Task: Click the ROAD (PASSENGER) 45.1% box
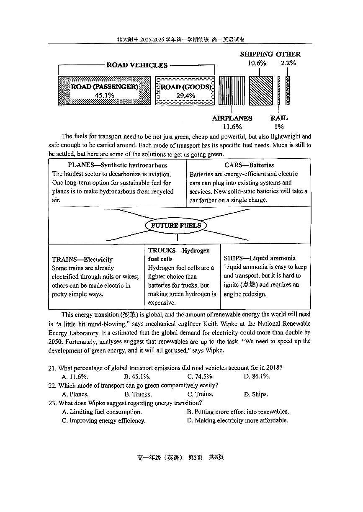click(104, 90)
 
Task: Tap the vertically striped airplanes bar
click(232, 90)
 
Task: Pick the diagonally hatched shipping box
click(260, 90)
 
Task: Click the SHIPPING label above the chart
click(256, 54)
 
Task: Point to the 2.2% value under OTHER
click(288, 63)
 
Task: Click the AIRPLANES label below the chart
click(232, 118)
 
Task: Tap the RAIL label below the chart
click(279, 118)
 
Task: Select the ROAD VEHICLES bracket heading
click(137, 65)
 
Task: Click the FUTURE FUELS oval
click(176, 226)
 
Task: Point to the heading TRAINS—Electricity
click(82, 260)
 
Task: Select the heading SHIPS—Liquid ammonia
click(259, 258)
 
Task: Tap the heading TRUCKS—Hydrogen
click(179, 251)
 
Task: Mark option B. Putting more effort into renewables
click(238, 412)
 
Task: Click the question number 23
click(52, 403)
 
